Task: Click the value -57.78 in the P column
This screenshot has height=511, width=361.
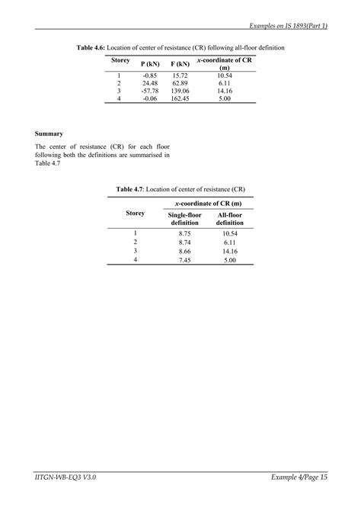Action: click(x=149, y=90)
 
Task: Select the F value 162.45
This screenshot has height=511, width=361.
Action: click(x=180, y=98)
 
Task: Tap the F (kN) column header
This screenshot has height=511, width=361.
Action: click(x=180, y=65)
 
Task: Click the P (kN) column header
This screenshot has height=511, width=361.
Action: click(x=149, y=65)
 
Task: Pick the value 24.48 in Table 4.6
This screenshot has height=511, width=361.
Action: click(x=149, y=82)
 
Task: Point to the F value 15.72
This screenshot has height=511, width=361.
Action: click(x=180, y=75)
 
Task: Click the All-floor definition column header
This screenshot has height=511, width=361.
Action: click(x=230, y=219)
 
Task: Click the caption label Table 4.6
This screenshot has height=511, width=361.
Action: click(x=94, y=47)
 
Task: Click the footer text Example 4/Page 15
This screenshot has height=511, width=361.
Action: click(x=299, y=477)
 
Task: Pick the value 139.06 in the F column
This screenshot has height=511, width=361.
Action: click(x=180, y=90)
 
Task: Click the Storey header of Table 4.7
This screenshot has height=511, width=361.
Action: click(x=135, y=214)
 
